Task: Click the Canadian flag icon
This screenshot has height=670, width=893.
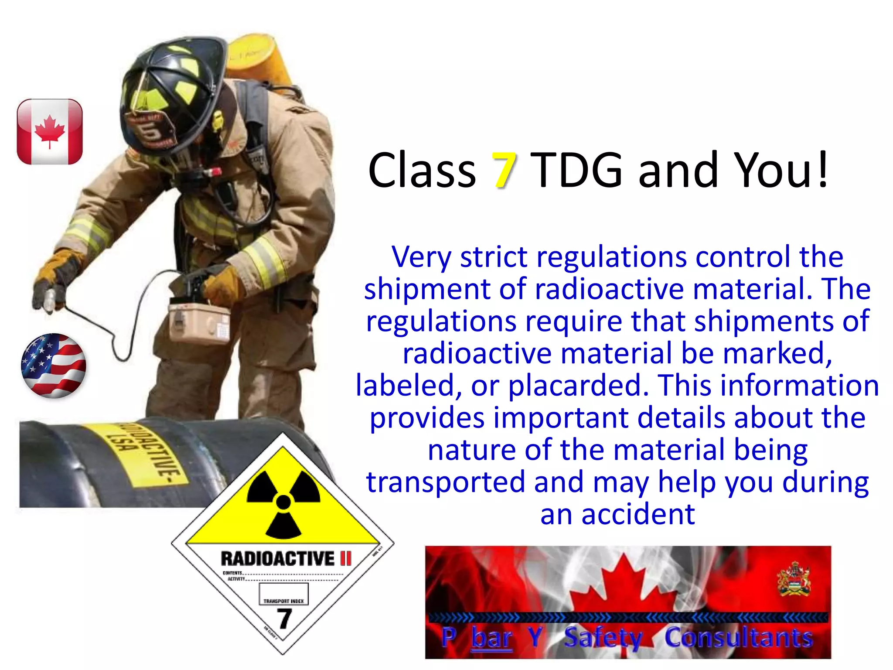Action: (50, 132)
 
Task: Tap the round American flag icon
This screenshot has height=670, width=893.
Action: (53, 366)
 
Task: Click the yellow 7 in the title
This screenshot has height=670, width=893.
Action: (504, 171)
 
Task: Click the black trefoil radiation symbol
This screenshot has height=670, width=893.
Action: (283, 502)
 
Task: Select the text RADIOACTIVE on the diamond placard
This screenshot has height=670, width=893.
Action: (277, 559)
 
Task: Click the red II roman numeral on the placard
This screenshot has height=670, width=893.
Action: (345, 558)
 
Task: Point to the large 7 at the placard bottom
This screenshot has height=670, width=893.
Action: (284, 618)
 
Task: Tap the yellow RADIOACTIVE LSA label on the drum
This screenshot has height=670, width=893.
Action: (144, 454)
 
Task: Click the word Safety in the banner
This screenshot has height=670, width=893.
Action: (603, 638)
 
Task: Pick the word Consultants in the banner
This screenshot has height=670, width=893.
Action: (739, 638)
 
